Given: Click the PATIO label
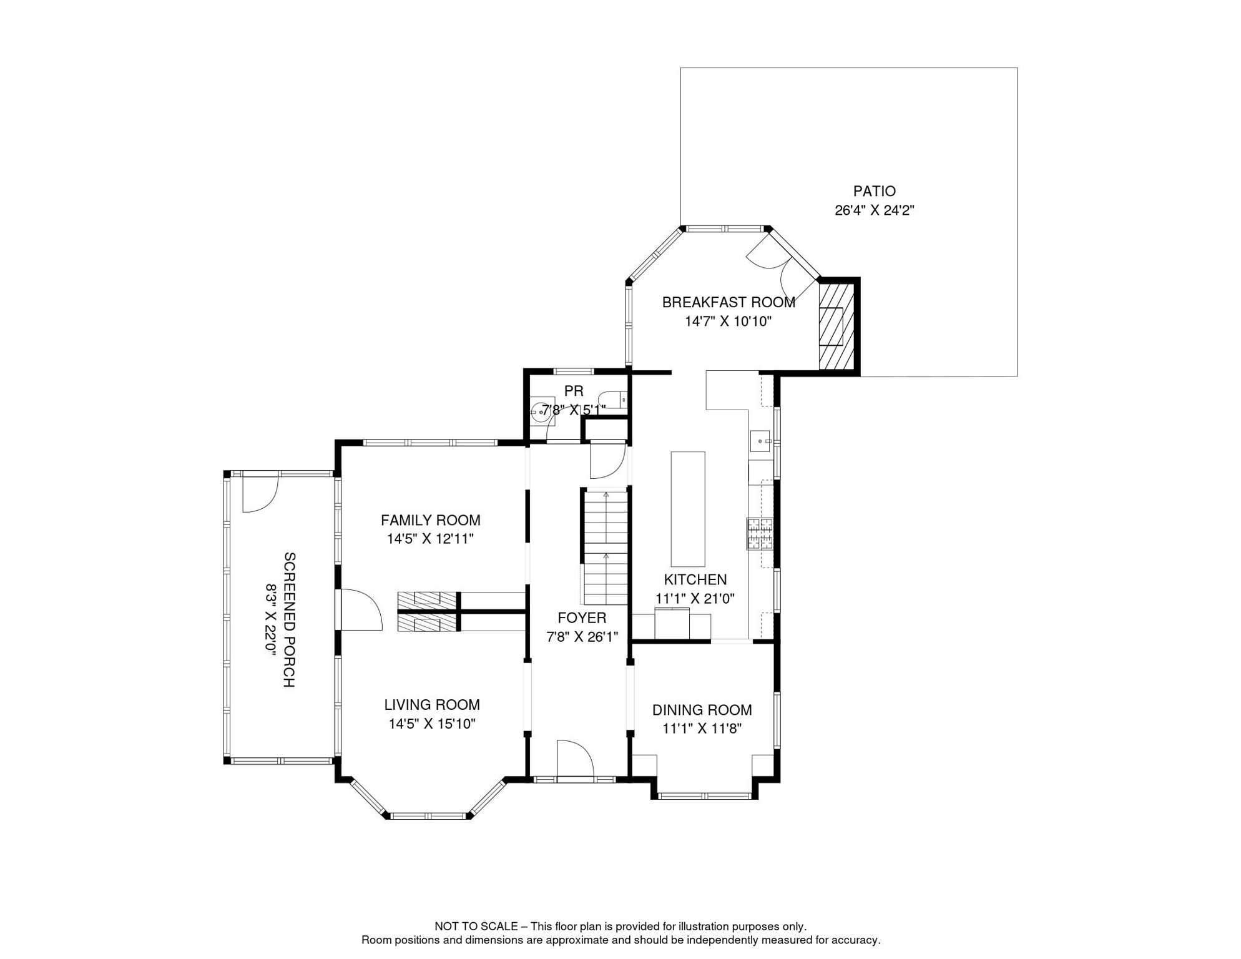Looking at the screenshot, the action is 874,191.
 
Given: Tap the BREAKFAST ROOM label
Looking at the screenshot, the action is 728,302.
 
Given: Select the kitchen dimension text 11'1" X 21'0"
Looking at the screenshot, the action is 695,598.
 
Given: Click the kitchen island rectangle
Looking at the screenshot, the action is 688,509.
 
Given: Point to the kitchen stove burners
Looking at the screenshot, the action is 760,534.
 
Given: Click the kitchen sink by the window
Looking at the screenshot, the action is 761,441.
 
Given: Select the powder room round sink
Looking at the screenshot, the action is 541,411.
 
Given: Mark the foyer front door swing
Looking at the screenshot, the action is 575,759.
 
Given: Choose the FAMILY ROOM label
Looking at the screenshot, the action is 431,520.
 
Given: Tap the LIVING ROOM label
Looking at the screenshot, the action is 432,705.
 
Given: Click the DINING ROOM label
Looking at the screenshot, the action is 702,710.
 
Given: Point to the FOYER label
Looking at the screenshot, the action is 582,618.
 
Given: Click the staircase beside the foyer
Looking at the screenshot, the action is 606,546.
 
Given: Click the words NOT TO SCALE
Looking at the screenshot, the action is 476,927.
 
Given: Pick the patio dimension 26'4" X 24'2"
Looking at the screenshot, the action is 874,210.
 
